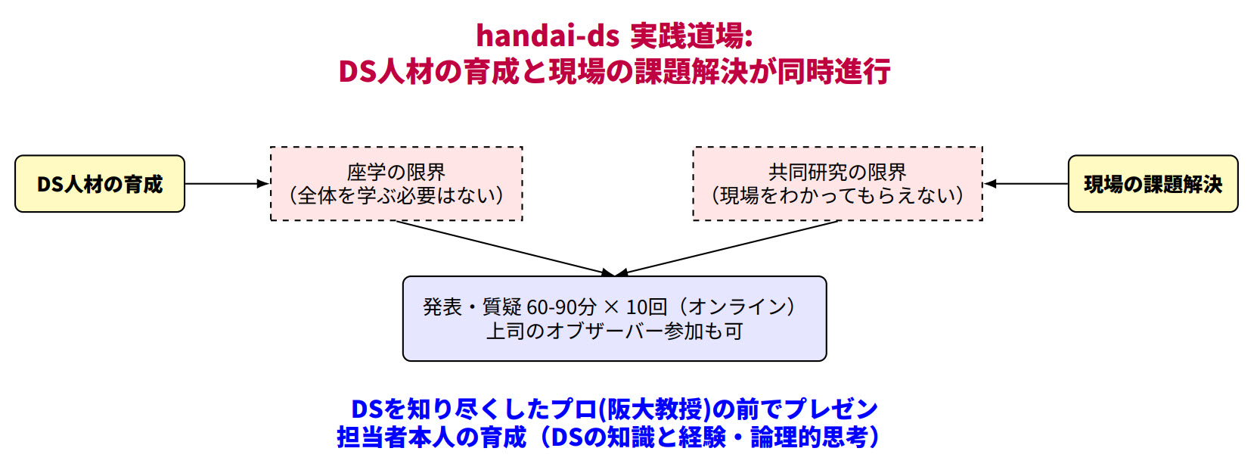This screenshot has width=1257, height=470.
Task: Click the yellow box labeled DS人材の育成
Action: [x=100, y=184]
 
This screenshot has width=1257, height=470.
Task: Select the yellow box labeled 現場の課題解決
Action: [x=1152, y=184]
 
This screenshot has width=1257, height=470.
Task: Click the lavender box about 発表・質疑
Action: [x=614, y=319]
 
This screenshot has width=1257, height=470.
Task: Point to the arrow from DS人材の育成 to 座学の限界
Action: [x=227, y=184]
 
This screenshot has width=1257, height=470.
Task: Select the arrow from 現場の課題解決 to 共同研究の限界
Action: [x=1026, y=184]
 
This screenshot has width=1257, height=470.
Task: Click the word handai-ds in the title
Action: [x=547, y=36]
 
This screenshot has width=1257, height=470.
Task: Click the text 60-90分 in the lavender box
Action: [x=561, y=307]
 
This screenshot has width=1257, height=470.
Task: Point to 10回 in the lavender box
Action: [x=647, y=307]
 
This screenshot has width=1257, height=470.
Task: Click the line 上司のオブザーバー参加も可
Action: [x=614, y=331]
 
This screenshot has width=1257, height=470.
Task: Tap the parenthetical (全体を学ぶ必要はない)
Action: [x=396, y=196]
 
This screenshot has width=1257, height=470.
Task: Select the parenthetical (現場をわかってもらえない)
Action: [x=837, y=196]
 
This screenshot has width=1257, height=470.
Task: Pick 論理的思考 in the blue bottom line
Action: [x=808, y=437]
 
